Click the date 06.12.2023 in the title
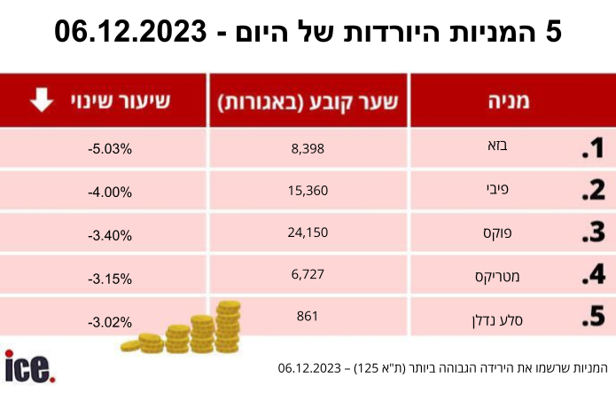(x=130, y=31)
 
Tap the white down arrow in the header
(x=42, y=99)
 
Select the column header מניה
(x=509, y=101)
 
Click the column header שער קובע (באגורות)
(x=308, y=102)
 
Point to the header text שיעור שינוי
(x=121, y=100)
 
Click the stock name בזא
(x=497, y=146)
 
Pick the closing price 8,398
(x=308, y=149)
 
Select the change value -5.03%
(x=110, y=149)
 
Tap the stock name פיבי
(x=497, y=189)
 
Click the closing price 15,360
(x=308, y=191)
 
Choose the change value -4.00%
(x=110, y=193)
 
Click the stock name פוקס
(x=497, y=232)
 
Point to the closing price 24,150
(x=308, y=232)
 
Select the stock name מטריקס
(x=497, y=277)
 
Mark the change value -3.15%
(x=110, y=279)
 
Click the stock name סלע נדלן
(x=497, y=320)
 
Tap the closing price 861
(x=308, y=316)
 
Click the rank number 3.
(x=593, y=232)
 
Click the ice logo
(x=30, y=366)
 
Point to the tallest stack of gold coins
(x=229, y=326)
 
